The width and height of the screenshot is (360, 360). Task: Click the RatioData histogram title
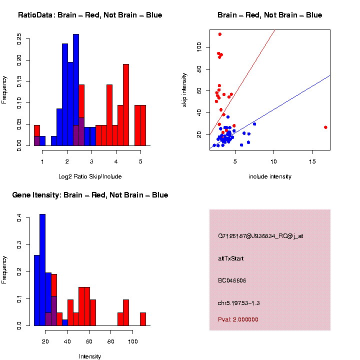click(90, 15)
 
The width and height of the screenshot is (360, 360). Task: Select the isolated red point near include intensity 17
click(325, 127)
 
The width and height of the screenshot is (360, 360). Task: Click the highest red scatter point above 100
click(219, 34)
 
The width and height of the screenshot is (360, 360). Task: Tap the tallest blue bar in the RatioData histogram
click(76, 90)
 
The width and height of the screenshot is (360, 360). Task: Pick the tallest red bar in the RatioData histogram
click(126, 105)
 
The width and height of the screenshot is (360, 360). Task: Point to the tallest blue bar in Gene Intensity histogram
click(42, 270)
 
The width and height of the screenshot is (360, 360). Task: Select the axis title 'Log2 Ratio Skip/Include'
click(90, 176)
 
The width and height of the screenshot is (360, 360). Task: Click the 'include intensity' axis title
click(269, 176)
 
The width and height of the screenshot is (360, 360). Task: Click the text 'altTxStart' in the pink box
click(231, 258)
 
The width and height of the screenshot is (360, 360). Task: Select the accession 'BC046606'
click(232, 281)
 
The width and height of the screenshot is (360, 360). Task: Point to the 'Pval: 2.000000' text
click(238, 319)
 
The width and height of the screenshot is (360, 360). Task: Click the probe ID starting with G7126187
click(260, 236)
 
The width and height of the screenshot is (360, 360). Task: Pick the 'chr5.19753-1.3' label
click(239, 303)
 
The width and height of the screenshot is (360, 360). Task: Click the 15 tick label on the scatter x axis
click(312, 162)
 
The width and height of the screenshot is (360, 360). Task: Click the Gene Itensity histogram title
click(90, 195)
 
